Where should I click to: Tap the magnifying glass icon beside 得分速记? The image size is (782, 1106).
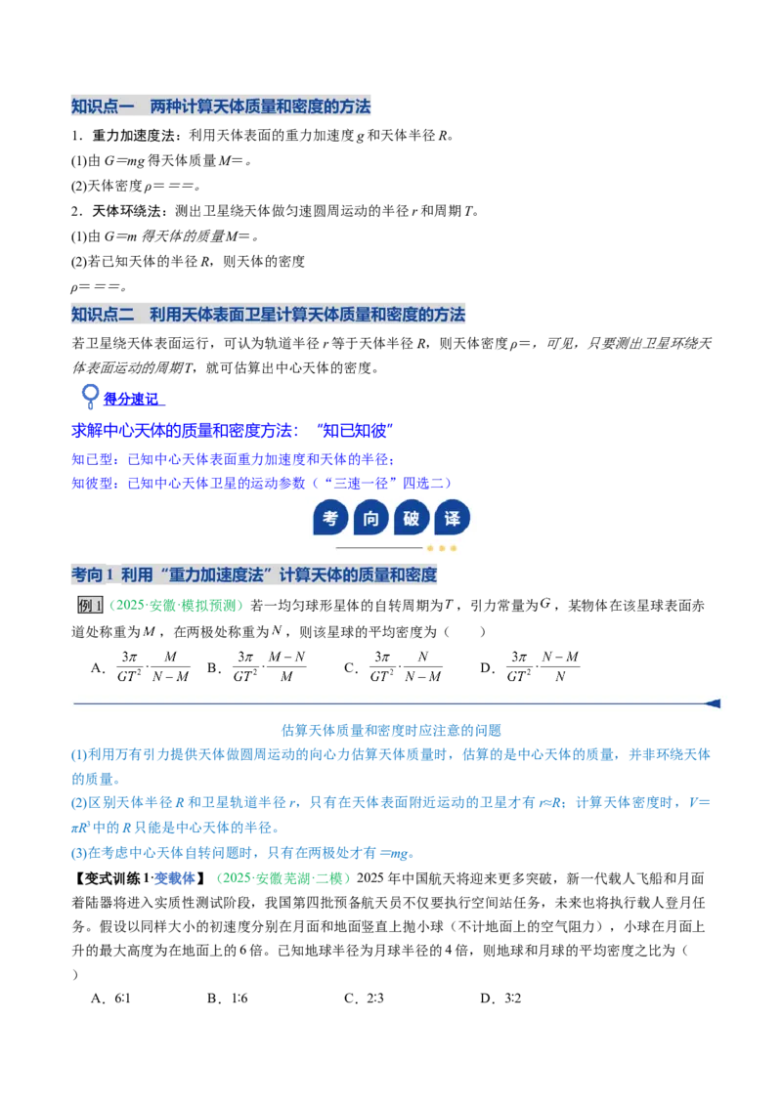(90, 397)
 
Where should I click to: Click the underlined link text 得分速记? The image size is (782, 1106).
(132, 400)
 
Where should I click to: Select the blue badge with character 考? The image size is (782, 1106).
(329, 519)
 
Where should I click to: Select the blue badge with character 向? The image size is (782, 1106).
(370, 519)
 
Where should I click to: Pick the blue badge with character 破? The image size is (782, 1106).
(412, 519)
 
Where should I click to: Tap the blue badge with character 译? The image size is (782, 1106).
(453, 519)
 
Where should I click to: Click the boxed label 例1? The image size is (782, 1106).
(90, 605)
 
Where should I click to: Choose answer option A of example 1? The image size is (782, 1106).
(141, 667)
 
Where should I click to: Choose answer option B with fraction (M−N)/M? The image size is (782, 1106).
(257, 667)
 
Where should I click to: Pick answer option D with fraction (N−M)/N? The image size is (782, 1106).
(530, 667)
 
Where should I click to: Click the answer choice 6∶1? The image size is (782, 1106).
(110, 999)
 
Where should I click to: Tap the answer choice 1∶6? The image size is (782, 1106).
(227, 999)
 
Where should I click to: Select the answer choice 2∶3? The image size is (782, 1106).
(365, 999)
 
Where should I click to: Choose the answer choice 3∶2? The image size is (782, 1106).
(501, 999)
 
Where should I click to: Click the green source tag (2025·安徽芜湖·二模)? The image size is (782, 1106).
(283, 878)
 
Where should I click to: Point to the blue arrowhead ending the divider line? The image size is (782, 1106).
(713, 703)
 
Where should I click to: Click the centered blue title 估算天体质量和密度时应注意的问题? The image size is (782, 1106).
(391, 730)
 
